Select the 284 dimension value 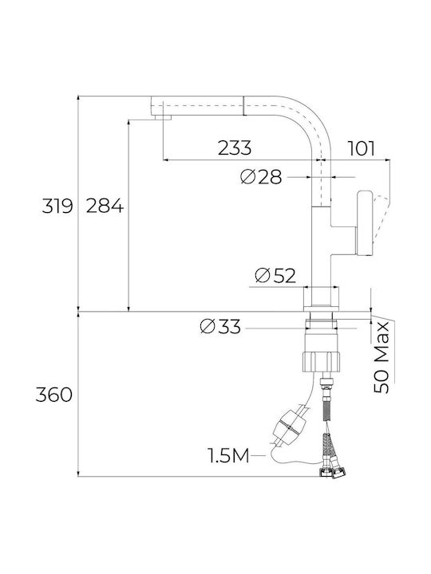click(x=105, y=206)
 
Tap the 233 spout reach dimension click(x=235, y=147)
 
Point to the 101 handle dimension click(x=362, y=148)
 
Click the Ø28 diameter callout click(x=261, y=177)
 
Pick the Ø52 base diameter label click(x=275, y=275)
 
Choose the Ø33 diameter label click(x=220, y=326)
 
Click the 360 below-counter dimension click(x=54, y=395)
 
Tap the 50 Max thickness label click(x=382, y=357)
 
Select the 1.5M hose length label click(x=229, y=456)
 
